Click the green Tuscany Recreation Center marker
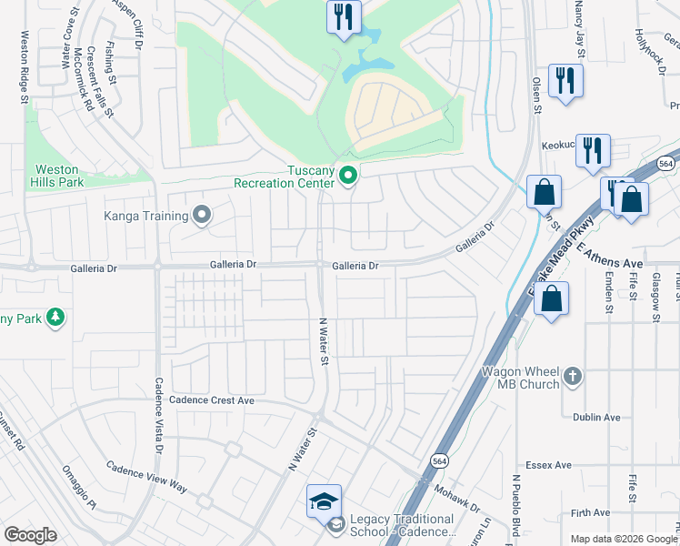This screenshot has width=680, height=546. click(x=346, y=175)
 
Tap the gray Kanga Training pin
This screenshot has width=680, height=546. click(x=202, y=216)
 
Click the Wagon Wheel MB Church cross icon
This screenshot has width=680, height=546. click(x=572, y=375)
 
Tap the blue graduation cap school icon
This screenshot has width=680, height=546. click(x=324, y=501)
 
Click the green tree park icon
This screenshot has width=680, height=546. click(x=56, y=317)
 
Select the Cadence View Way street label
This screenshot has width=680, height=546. click(x=146, y=477)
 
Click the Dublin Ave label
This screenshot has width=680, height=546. click(x=596, y=418)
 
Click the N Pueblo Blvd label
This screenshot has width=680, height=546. click(x=515, y=505)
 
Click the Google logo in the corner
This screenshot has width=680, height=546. click(x=30, y=535)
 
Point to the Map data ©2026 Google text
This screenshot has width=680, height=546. click(x=624, y=539)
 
